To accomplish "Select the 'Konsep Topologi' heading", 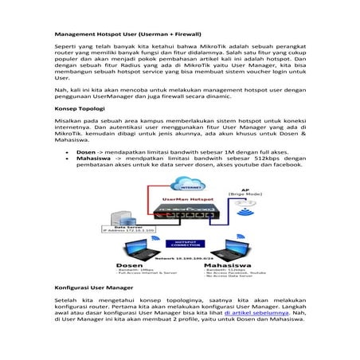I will coord(78,107).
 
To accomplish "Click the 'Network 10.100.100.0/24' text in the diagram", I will coord(180,257).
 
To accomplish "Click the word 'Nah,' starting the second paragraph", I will coord(61,91).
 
